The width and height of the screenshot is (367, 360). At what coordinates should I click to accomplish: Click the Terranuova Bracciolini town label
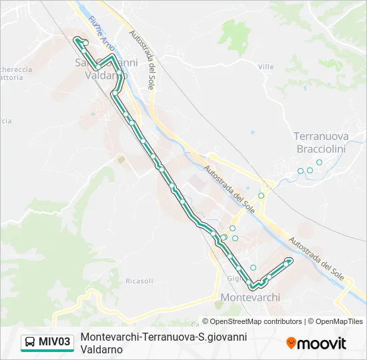click(x=320, y=142)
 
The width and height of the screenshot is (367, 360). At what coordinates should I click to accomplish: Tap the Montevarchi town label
click(x=250, y=297)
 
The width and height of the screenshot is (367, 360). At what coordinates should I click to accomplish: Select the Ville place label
click(x=266, y=67)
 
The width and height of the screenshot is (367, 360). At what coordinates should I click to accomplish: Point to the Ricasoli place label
click(x=139, y=281)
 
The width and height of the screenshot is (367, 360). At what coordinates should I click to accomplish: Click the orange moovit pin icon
click(x=291, y=343)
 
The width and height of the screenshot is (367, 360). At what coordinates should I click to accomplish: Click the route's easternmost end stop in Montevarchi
click(x=290, y=260)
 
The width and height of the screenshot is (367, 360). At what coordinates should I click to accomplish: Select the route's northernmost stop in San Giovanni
click(x=85, y=43)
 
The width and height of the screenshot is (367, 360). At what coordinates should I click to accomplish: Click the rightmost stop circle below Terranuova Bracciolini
click(x=319, y=162)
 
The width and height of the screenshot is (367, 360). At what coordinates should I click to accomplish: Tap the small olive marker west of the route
click(x=120, y=159)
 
